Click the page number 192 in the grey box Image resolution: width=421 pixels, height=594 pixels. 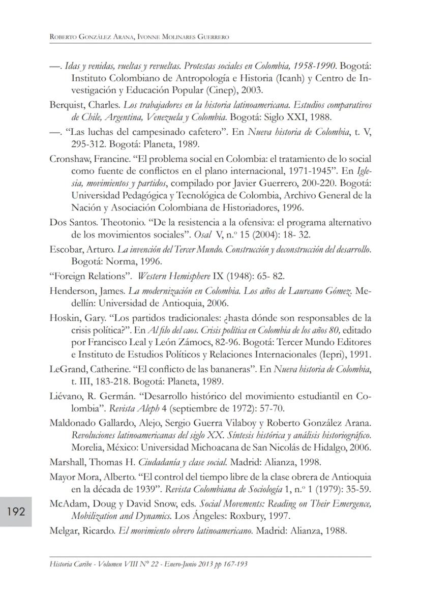pos(16,512)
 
